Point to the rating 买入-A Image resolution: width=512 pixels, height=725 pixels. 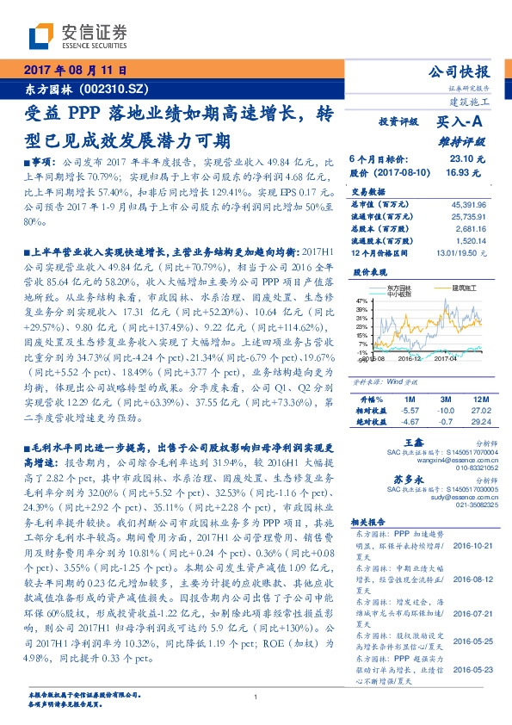pos(460,124)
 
